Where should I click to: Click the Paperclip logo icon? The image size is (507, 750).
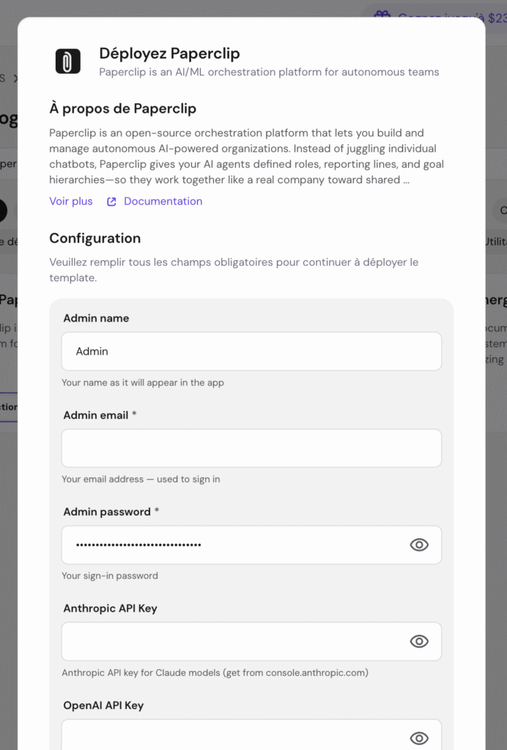pos(68,61)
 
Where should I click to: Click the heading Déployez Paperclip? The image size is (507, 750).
pos(169,53)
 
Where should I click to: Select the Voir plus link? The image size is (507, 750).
pos(71,201)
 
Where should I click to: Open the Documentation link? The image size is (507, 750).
pos(163,201)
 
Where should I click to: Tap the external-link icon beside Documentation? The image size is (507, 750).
pos(111,202)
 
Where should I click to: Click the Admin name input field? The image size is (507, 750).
pos(251,352)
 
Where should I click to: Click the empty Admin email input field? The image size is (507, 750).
pos(251,448)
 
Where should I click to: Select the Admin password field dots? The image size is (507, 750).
pos(138,545)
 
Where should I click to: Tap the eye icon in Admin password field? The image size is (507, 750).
pos(419,545)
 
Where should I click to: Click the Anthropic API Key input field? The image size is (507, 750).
pos(234,642)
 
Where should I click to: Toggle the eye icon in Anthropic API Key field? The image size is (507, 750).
pos(419,642)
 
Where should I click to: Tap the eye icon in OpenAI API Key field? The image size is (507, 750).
pos(419,738)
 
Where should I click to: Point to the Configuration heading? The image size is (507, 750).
pos(95,238)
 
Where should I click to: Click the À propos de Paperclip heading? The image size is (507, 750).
pos(122,109)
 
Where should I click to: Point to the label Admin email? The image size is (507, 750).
pos(96,415)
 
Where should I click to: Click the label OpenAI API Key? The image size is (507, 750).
pos(103,705)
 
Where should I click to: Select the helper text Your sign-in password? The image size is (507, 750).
pos(110,576)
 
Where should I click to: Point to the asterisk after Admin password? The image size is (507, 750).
pos(157,511)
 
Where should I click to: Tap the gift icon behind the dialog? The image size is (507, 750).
pos(381,16)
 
